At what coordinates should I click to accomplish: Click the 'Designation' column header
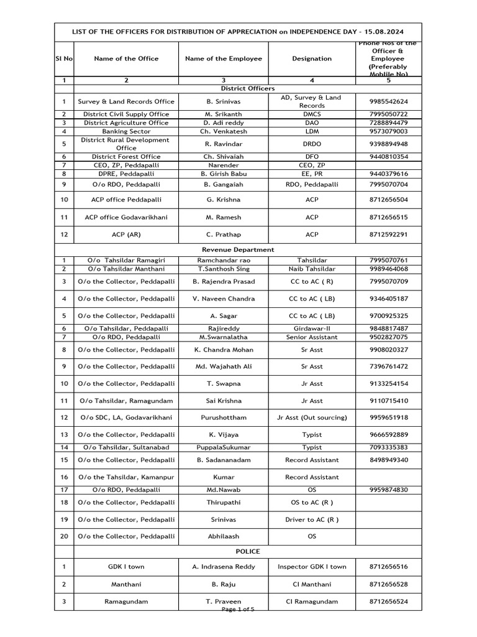coord(312,58)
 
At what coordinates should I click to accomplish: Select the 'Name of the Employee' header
coord(224,58)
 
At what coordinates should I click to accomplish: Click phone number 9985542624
coord(388,101)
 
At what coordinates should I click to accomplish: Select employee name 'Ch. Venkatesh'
coord(224,131)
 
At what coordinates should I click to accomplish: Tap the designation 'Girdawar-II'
coord(312,328)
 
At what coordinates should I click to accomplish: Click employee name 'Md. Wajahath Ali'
coord(224,366)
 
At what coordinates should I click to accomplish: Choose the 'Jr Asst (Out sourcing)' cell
coord(312,417)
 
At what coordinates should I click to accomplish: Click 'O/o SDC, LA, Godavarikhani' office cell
coord(126,417)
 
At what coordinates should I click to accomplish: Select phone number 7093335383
coord(388,447)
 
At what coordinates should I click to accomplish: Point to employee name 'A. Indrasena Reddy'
coord(224,567)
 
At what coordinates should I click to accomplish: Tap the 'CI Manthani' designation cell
coord(312,584)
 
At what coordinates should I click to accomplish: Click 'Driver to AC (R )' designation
coord(312,519)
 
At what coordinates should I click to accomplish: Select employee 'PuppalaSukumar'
coord(224,447)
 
